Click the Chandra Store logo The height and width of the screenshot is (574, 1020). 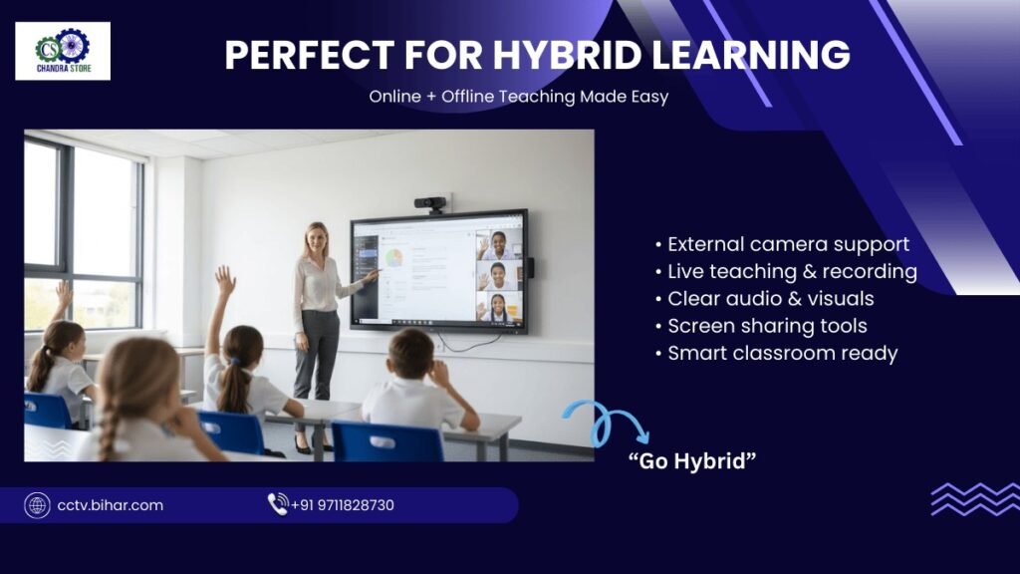[x=63, y=51]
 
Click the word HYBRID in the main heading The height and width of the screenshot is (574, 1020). [x=567, y=55]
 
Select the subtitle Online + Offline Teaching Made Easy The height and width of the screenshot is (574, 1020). [x=518, y=97]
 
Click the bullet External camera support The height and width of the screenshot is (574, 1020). [x=783, y=245]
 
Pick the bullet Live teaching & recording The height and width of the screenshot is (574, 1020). [x=787, y=271]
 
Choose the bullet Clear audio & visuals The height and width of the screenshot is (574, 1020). [x=764, y=299]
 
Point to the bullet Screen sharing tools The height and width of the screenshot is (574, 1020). [x=761, y=326]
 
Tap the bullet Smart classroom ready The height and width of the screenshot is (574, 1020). [x=777, y=354]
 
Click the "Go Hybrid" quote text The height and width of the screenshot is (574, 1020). [x=692, y=461]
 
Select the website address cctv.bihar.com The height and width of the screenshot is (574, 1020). [x=110, y=505]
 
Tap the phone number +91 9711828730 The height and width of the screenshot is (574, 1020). [x=343, y=505]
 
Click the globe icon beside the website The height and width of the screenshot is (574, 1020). [x=37, y=505]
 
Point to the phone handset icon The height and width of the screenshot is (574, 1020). [x=278, y=503]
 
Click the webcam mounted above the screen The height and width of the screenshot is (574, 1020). [x=430, y=203]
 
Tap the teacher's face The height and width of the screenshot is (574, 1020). [x=318, y=240]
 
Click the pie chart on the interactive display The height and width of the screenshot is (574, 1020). [x=393, y=258]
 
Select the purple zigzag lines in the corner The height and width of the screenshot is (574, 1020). [x=975, y=499]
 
